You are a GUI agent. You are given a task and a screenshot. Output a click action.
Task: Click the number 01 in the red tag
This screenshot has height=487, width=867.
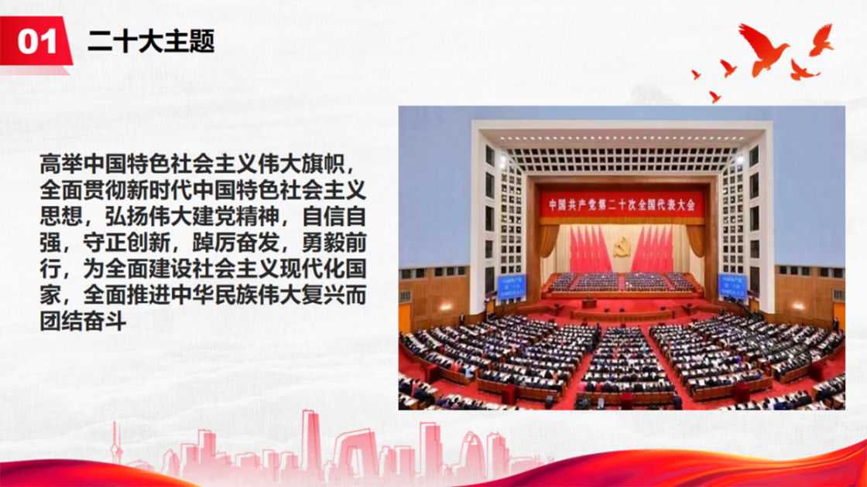37,42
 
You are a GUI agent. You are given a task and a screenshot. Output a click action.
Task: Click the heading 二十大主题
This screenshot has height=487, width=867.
151,42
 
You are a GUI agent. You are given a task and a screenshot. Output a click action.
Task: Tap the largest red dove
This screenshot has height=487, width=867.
763,49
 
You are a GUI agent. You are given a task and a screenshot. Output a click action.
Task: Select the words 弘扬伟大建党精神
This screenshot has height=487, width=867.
193,216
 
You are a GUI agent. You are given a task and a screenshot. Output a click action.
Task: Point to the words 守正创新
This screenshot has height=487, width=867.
127,243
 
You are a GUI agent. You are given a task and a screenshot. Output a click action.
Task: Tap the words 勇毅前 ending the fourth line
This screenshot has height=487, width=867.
334,243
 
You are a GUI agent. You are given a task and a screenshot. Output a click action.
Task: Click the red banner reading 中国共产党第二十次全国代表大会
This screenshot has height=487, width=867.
622,206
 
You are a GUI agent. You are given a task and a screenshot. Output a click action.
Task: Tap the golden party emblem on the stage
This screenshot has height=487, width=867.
622,247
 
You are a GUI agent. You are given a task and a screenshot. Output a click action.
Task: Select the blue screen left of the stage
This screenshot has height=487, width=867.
512,287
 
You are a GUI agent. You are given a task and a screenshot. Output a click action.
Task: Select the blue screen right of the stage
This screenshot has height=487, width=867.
732,286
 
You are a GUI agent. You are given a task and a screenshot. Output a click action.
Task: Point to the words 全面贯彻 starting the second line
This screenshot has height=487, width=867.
83,190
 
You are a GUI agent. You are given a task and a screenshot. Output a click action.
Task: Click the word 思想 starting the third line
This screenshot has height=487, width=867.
61,216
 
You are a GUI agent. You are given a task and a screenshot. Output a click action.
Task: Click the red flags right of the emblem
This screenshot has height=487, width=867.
653,248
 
